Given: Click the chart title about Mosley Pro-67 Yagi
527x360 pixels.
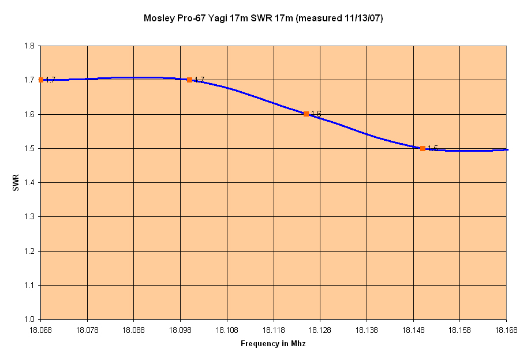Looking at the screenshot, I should pyautogui.click(x=263, y=18).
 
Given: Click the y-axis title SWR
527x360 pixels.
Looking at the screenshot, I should pyautogui.click(x=17, y=183).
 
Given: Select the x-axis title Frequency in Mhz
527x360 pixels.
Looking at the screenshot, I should pyautogui.click(x=273, y=344).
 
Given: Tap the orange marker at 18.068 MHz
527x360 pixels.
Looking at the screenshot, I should pyautogui.click(x=41, y=80).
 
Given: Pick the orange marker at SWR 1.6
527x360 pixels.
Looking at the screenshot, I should pyautogui.click(x=306, y=114).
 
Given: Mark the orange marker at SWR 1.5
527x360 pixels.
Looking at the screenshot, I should pyautogui.click(x=423, y=148).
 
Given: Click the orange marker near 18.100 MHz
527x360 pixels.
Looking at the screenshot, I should pyautogui.click(x=189, y=80).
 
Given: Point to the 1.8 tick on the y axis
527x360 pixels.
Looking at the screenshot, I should pyautogui.click(x=29, y=46).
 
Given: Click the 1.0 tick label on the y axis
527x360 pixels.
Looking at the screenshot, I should pyautogui.click(x=29, y=320).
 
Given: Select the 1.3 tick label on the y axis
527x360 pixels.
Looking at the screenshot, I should pyautogui.click(x=29, y=217).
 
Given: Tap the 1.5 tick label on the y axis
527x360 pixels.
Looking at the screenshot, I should pyautogui.click(x=29, y=149).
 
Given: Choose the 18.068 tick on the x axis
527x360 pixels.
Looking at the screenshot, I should pyautogui.click(x=40, y=330).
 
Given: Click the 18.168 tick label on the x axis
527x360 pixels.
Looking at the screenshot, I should pyautogui.click(x=506, y=330).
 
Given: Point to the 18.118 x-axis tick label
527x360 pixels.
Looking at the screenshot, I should pyautogui.click(x=274, y=330).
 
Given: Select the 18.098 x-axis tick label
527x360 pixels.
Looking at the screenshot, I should pyautogui.click(x=180, y=330).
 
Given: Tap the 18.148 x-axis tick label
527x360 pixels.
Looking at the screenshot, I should pyautogui.click(x=413, y=330).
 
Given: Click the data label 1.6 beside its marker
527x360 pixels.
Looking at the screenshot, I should pyautogui.click(x=316, y=114).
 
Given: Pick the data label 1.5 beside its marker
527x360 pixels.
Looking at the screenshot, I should pyautogui.click(x=432, y=148).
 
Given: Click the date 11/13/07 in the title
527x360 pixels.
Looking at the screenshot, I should pyautogui.click(x=364, y=18).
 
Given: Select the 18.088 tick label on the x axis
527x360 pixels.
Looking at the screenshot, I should pyautogui.click(x=133, y=330).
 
